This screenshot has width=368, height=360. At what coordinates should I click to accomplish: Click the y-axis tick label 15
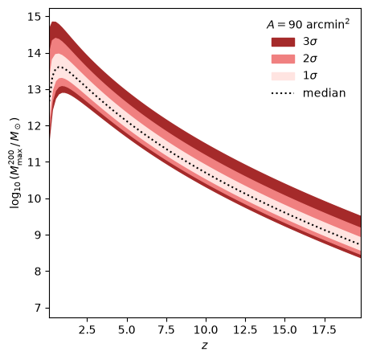coord(35,17)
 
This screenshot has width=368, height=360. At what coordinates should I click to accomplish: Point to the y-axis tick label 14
coord(35,54)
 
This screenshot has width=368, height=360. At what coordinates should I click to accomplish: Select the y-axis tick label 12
coord(35,126)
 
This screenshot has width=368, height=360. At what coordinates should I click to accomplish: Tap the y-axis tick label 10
coord(35,198)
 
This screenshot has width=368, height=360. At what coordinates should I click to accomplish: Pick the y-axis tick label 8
coord(38,272)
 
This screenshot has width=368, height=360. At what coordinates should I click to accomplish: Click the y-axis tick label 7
coord(38,308)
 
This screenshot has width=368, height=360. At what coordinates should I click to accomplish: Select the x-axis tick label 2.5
coord(87,329)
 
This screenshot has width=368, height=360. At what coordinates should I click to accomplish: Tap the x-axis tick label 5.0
coord(127,329)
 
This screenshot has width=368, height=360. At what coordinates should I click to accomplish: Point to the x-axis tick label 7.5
coord(166,329)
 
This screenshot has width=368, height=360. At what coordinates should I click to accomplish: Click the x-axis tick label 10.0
coord(206,329)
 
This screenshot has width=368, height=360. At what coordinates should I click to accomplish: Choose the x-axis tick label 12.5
coord(245,329)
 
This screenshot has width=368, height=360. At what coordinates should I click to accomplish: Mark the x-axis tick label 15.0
coord(284,329)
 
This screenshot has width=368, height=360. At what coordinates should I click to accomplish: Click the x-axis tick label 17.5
coord(325,329)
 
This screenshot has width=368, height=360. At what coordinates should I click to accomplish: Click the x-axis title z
coord(205,346)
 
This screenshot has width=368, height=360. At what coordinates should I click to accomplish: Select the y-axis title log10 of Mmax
coord(16,162)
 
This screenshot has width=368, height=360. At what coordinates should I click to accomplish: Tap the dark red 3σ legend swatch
coord(283,42)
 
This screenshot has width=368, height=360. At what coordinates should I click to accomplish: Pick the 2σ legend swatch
coord(283,59)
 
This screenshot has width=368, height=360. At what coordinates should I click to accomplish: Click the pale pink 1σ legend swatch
coord(283,76)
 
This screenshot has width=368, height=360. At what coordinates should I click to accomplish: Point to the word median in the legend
coord(325,93)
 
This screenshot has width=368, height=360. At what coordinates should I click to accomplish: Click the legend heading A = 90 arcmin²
coord(308,24)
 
